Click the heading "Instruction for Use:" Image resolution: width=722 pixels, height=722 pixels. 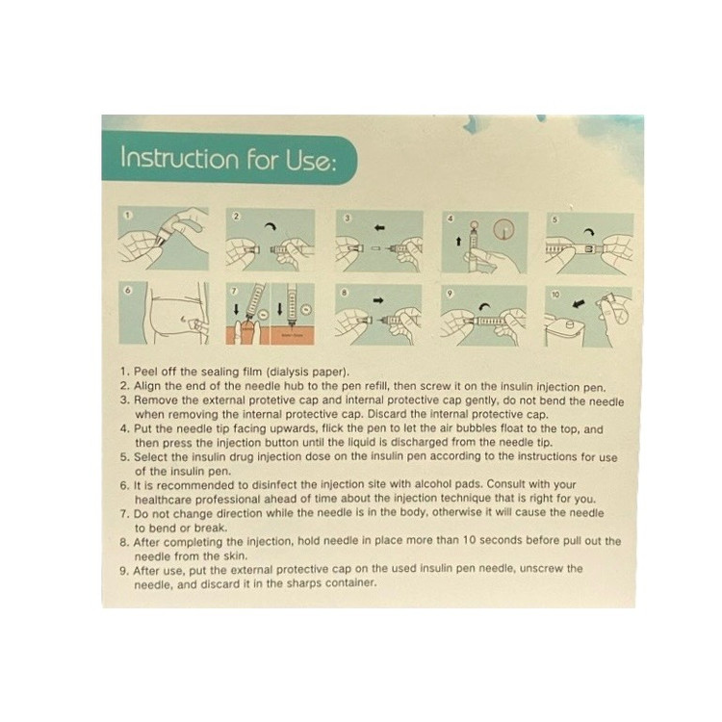(x=228, y=159)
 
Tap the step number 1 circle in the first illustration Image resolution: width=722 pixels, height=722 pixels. (x=128, y=215)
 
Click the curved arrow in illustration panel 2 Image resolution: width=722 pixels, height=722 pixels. (x=270, y=225)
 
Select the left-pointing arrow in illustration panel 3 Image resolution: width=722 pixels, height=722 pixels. (x=379, y=227)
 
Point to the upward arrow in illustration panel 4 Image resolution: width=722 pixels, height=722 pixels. (x=458, y=242)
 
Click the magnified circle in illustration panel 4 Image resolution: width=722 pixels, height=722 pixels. (x=503, y=229)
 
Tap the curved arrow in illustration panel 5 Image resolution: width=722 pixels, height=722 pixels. (x=591, y=232)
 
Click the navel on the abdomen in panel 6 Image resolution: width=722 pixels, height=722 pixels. (x=183, y=317)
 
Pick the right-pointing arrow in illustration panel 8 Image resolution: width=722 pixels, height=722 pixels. (x=378, y=300)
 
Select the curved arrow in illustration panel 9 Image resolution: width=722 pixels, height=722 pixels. (x=483, y=307)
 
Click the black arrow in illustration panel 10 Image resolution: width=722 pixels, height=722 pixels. (x=579, y=304)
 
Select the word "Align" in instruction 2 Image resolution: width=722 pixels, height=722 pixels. (x=146, y=386)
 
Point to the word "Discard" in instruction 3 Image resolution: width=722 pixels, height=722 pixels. (x=383, y=414)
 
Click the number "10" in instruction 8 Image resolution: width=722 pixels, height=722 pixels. (x=469, y=540)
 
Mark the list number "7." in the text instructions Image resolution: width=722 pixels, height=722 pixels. (x=125, y=513)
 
